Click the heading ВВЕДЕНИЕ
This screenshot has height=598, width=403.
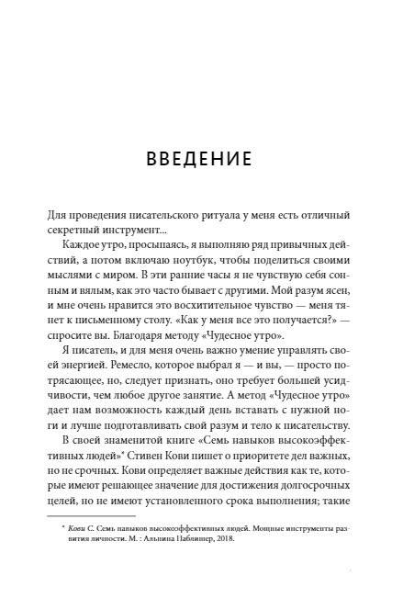(201, 162)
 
